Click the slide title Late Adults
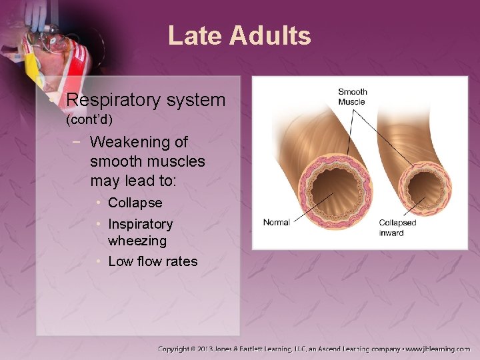point(239,35)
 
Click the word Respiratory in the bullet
point(111,101)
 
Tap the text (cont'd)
point(89,121)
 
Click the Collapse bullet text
point(135,203)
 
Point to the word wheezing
point(137,240)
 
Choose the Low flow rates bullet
point(153,261)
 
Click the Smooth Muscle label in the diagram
point(352,97)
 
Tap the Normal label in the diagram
point(276,222)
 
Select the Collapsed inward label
point(397,227)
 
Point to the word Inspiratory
point(140,224)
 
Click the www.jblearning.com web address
point(438,349)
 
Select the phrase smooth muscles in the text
point(147,161)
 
